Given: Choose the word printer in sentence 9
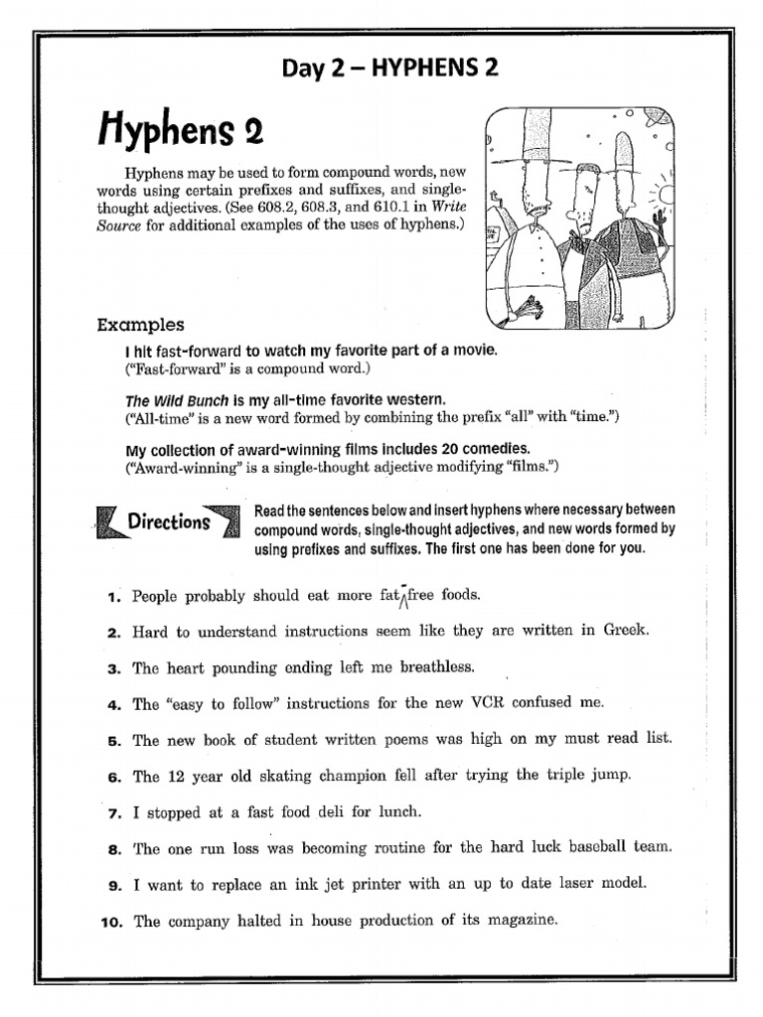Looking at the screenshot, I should (369, 884).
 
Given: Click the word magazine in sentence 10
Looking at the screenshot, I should (522, 921).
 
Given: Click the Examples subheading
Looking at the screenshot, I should (140, 325).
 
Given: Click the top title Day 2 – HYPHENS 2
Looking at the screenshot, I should (389, 68).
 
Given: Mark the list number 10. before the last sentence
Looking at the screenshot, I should (111, 922).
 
